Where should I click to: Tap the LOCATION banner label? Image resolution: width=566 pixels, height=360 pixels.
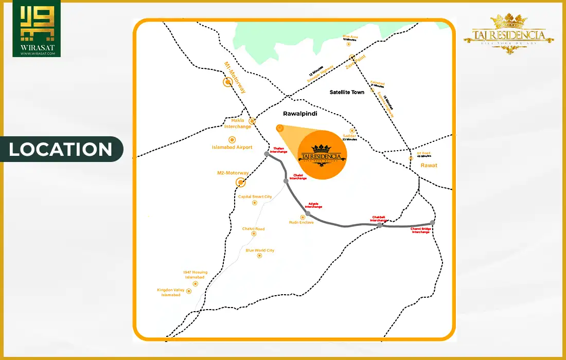pos(61,149)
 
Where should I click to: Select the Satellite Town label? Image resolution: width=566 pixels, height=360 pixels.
pos(347,92)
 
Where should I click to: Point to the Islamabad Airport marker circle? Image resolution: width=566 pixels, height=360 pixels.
pos(232,139)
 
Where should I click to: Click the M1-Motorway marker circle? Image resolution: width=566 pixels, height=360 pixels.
pos(227,81)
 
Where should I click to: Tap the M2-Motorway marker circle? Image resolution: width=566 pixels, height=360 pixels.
pos(240,182)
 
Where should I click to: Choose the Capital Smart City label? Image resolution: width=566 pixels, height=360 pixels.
pos(255,197)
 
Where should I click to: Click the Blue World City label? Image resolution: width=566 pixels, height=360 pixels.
pos(260,250)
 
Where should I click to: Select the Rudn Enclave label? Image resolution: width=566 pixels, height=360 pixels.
pos(301,223)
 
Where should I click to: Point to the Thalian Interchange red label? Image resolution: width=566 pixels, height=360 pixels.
pos(280,150)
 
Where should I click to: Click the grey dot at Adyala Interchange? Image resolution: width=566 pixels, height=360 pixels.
pos(308,213)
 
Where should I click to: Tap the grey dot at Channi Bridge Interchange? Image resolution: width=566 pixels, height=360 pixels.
pos(433,223)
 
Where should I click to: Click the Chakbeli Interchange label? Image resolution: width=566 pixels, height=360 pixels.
pos(379,218)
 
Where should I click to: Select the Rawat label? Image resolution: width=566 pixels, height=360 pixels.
pos(429,165)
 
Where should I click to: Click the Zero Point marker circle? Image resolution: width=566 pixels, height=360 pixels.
pos(352,57)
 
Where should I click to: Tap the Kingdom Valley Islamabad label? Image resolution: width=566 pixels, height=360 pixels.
pos(170,293)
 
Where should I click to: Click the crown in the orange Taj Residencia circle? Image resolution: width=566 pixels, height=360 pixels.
pos(322,148)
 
